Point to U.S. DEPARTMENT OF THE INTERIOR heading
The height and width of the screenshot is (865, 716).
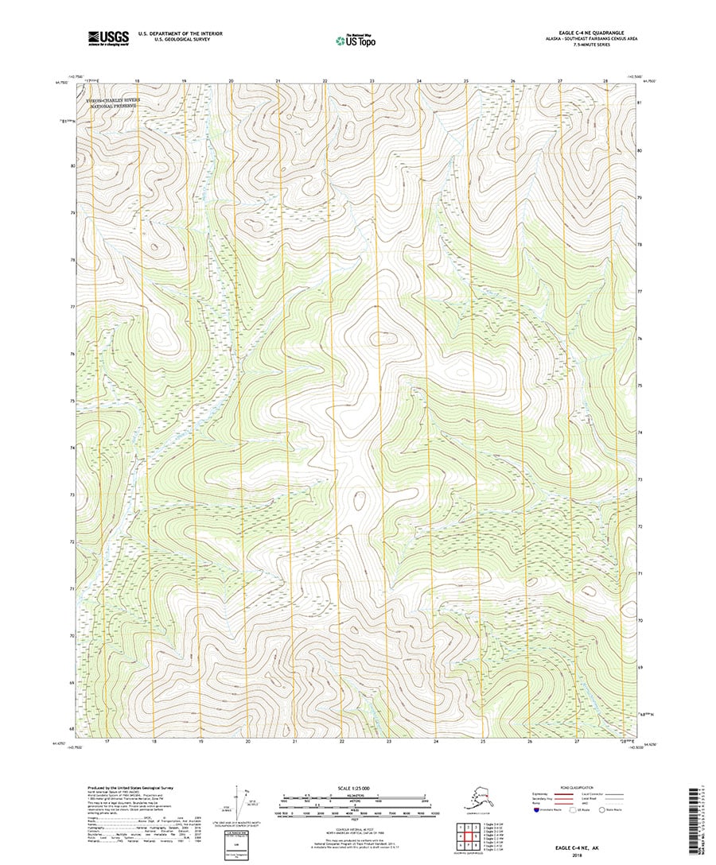180,33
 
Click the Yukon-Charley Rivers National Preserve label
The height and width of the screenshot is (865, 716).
112,103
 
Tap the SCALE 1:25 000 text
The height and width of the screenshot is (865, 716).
354,789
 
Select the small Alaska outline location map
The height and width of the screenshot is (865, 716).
478,803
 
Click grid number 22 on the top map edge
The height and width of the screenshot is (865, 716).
325,81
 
